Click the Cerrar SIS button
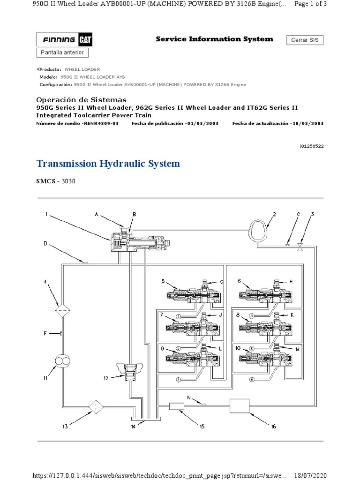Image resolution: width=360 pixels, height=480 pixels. [x=305, y=40]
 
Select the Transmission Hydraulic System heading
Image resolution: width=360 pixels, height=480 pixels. [x=108, y=164]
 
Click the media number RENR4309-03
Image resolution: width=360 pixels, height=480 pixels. [x=101, y=123]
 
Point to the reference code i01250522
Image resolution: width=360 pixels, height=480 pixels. [x=311, y=146]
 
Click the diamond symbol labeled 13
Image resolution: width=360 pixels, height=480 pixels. [x=96, y=406]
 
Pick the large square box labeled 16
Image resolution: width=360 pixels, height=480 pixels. [x=239, y=405]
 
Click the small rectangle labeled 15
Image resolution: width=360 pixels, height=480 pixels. [x=176, y=406]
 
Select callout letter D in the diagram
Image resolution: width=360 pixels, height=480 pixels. [x=45, y=243]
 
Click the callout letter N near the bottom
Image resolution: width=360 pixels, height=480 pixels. [x=189, y=397]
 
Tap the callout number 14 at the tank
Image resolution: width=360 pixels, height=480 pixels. [x=134, y=427]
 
